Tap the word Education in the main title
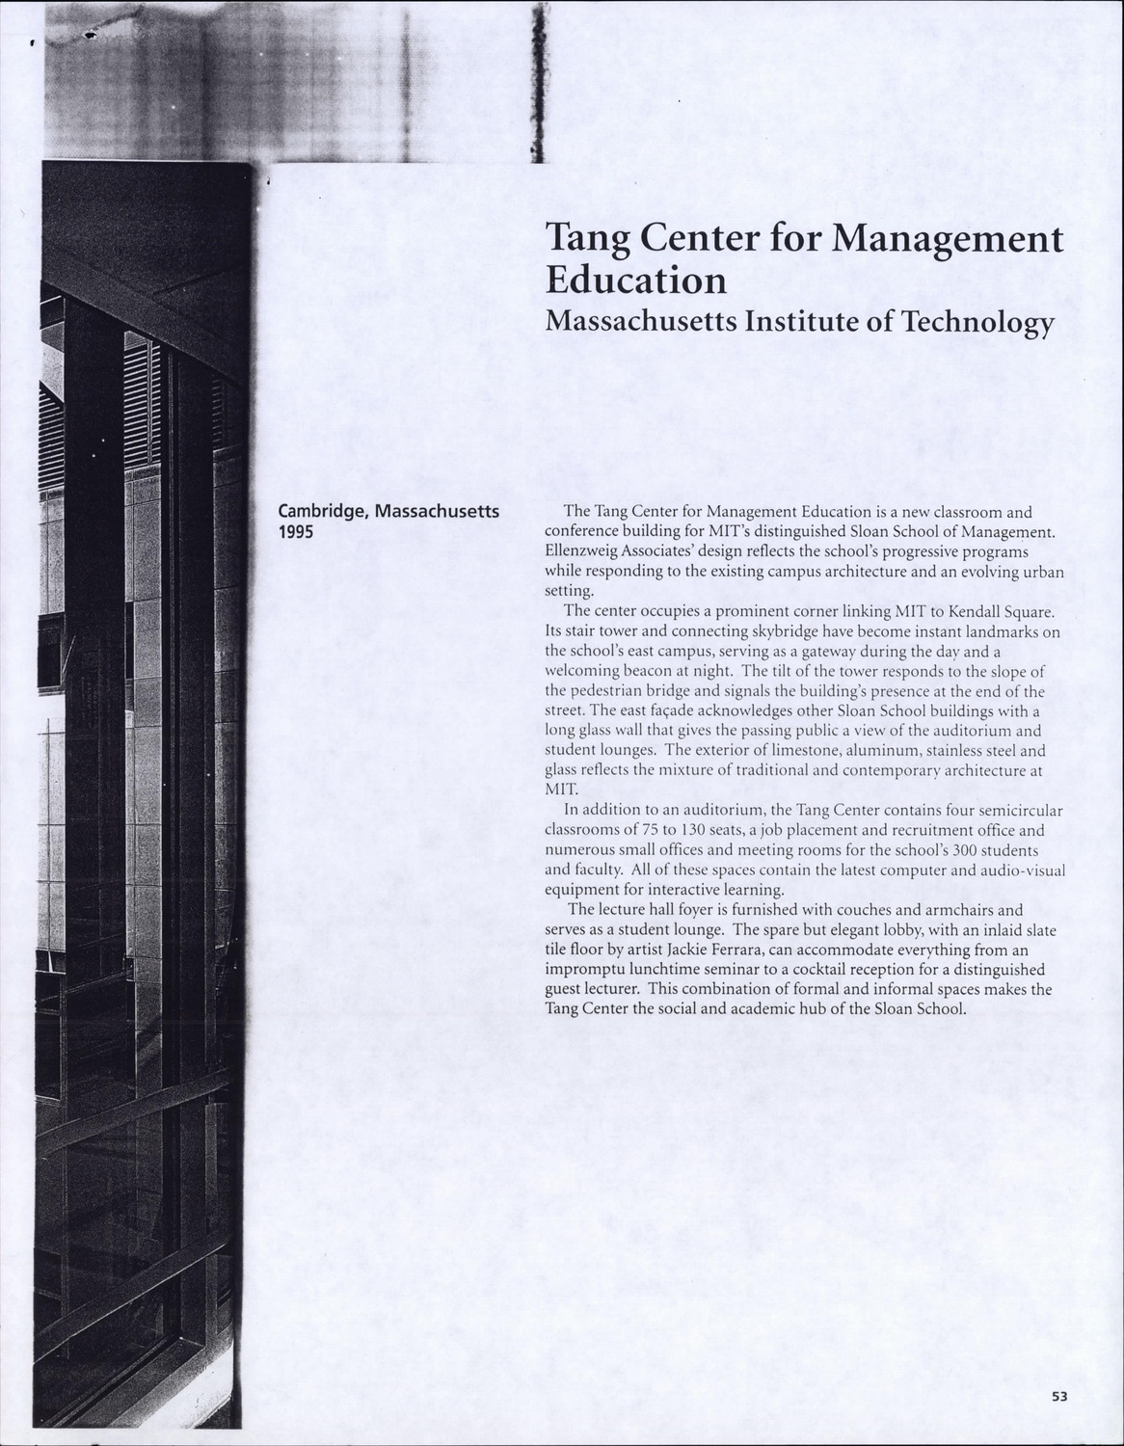pos(636,281)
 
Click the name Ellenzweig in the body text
pos(580,551)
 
